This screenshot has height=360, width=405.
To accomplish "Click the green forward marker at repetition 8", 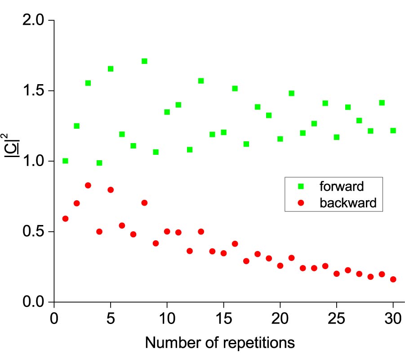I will pyautogui.click(x=144, y=61).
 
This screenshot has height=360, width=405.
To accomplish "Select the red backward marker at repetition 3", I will pyautogui.click(x=88, y=185).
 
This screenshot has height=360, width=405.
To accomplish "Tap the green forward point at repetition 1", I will pyautogui.click(x=65, y=161).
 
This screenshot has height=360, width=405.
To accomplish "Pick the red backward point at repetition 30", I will pyautogui.click(x=393, y=279).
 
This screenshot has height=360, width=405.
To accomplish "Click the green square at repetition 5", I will pyautogui.click(x=111, y=69).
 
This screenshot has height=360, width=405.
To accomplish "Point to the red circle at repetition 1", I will pyautogui.click(x=65, y=219).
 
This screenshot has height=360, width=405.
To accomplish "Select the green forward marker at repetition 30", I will pyautogui.click(x=393, y=130).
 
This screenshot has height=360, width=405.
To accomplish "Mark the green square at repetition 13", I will pyautogui.click(x=201, y=81).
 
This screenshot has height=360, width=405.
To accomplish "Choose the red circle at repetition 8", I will pyautogui.click(x=144, y=203).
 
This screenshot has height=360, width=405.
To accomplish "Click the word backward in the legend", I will pyautogui.click(x=348, y=203).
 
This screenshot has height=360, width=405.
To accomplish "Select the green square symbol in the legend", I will pyautogui.click(x=302, y=185).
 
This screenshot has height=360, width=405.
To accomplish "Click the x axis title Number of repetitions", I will pyautogui.click(x=220, y=343).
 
